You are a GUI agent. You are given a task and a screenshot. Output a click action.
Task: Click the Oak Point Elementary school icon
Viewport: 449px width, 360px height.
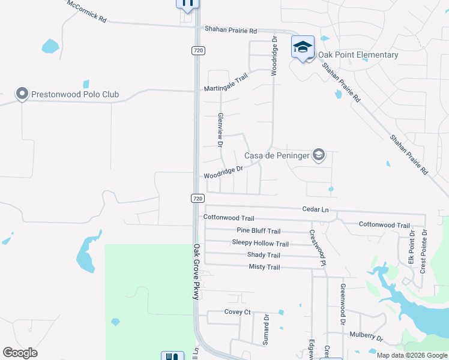[303, 46]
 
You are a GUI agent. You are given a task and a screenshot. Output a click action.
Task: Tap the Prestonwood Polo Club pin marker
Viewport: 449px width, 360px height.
[22, 94]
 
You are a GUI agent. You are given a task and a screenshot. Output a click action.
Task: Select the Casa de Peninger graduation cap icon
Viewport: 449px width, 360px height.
[319, 156]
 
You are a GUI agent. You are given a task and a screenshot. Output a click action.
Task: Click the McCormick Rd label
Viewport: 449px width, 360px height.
[87, 11]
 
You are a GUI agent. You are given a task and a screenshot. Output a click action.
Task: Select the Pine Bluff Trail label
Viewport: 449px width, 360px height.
[258, 231]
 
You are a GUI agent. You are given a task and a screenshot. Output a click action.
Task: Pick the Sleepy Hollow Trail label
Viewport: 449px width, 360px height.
[260, 243]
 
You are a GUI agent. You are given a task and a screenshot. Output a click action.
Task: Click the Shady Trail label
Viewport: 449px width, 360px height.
[264, 255]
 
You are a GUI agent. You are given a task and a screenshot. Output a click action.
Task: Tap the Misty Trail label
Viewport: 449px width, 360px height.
[264, 267]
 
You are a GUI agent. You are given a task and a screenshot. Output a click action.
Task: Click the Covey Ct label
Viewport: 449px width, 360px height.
[237, 312]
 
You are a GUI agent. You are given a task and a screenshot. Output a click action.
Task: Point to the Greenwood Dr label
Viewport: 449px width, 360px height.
[343, 304]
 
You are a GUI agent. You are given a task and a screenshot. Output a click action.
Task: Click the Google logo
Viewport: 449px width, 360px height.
[20, 353]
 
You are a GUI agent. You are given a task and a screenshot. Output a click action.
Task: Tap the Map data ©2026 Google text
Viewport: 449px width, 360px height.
[411, 355]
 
